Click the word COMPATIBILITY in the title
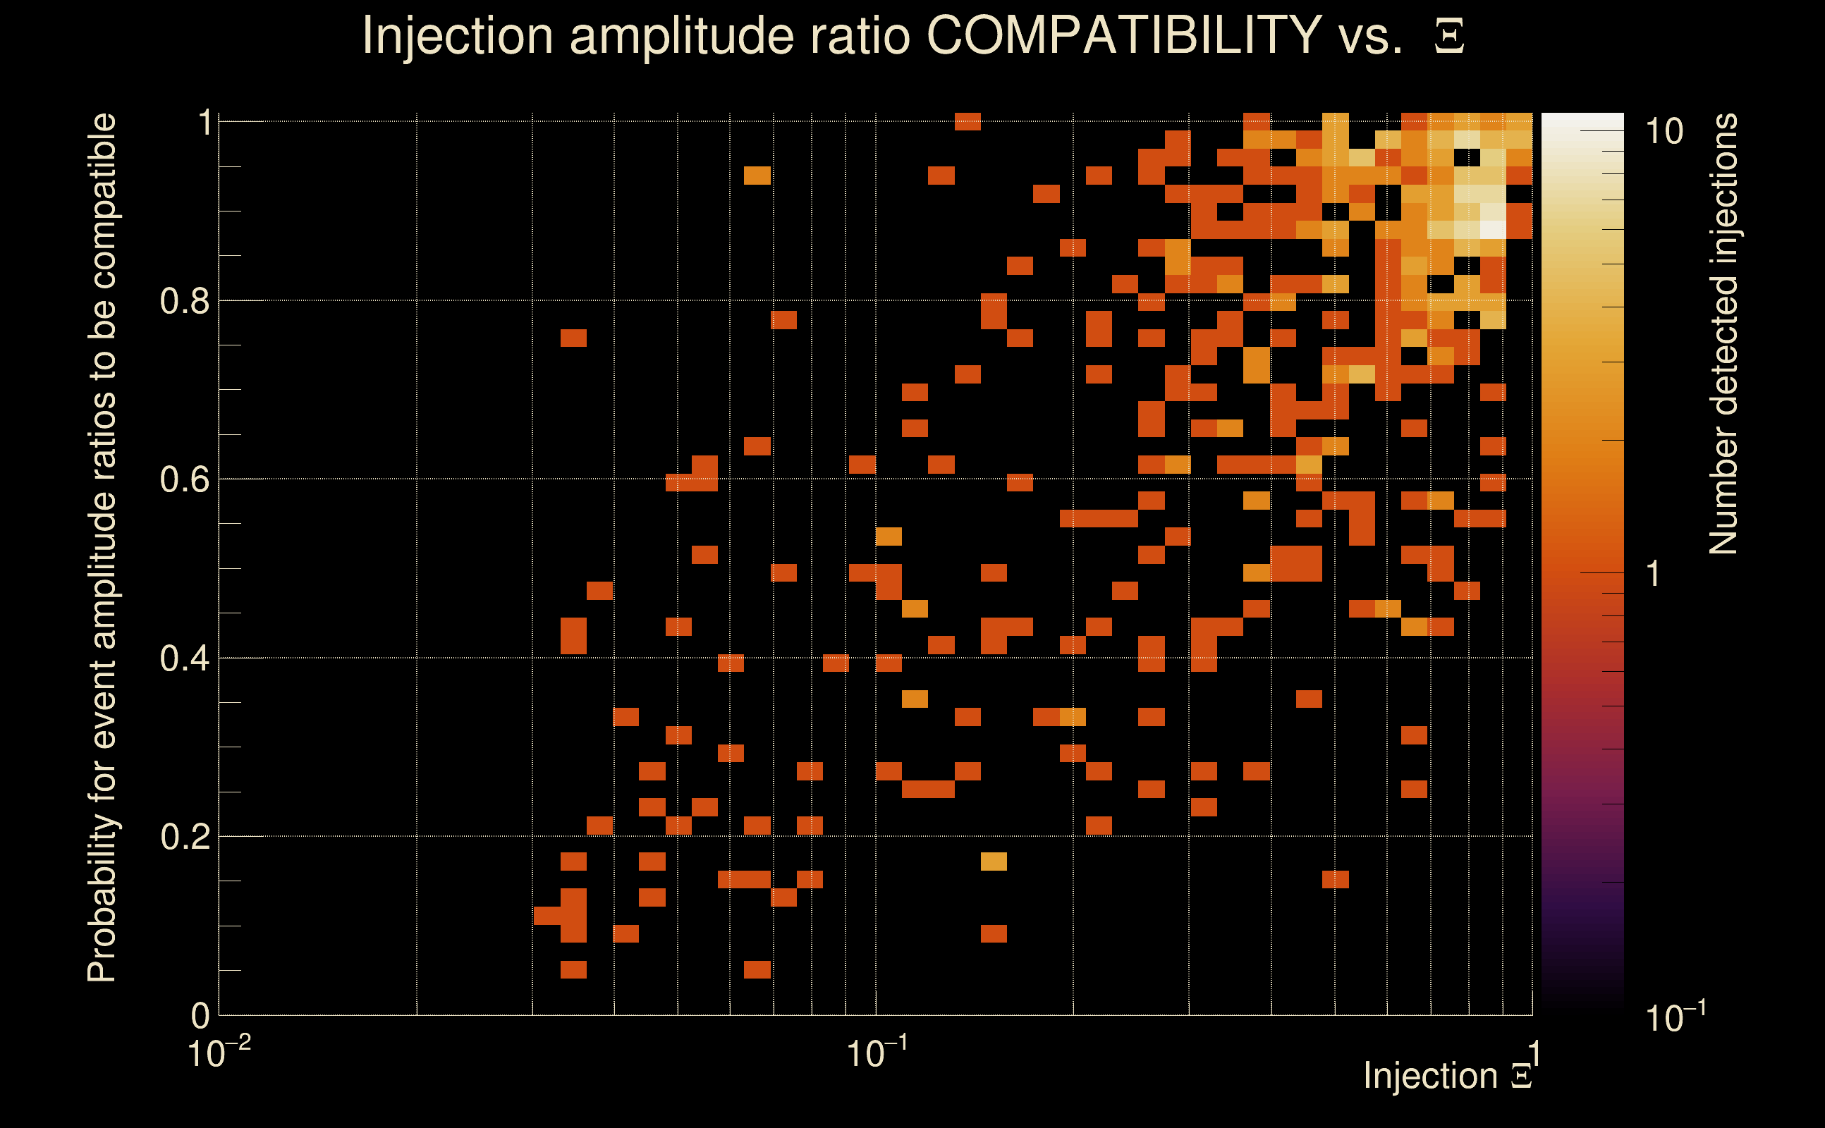click(x=1123, y=35)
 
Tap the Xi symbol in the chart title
click(x=1449, y=37)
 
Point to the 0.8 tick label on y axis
click(x=185, y=302)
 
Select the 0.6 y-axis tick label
click(x=185, y=479)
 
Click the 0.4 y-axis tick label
click(x=185, y=658)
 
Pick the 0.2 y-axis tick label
click(x=185, y=837)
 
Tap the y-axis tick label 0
click(x=200, y=1015)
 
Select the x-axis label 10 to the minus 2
click(x=219, y=1053)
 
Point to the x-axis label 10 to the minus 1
click(x=877, y=1053)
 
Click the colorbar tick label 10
click(x=1664, y=132)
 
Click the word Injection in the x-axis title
click(x=1430, y=1076)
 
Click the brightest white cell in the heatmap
click(x=1492, y=229)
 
